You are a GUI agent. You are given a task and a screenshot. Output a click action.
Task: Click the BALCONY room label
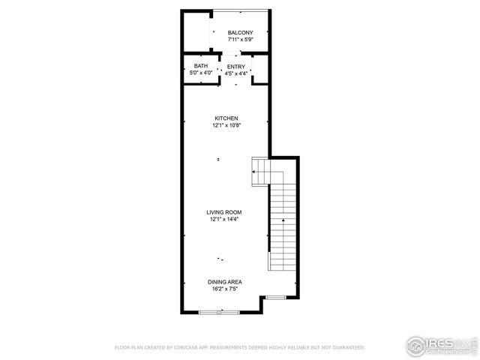click(x=240, y=32)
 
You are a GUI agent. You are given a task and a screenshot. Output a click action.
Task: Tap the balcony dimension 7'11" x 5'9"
click(x=240, y=39)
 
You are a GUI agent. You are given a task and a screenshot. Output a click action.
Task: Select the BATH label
click(x=201, y=66)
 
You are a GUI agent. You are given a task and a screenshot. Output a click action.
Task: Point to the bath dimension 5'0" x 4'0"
click(x=201, y=73)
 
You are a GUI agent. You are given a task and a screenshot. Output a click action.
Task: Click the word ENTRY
click(x=236, y=66)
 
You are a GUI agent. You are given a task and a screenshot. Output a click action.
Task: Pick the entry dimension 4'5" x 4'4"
click(x=236, y=73)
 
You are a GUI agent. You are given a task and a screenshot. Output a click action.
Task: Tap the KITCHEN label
click(x=226, y=118)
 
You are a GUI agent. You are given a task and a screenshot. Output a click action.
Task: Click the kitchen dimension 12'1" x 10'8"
click(x=226, y=125)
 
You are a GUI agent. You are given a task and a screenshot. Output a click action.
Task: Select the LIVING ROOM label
click(x=224, y=212)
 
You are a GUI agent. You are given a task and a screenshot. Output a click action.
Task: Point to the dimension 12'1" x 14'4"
click(x=224, y=219)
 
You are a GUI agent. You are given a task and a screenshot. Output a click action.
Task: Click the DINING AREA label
click(x=224, y=282)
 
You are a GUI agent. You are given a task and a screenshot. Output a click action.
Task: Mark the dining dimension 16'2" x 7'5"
click(x=224, y=289)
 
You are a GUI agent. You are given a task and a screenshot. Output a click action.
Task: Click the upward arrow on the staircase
click(x=283, y=221)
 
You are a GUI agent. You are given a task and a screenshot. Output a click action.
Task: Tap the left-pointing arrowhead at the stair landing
click(x=255, y=172)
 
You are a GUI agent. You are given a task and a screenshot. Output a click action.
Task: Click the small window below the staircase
click(x=276, y=298)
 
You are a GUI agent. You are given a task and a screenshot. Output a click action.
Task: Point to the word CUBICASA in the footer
click(x=190, y=348)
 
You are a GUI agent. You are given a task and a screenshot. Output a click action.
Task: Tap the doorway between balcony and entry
click(x=236, y=53)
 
